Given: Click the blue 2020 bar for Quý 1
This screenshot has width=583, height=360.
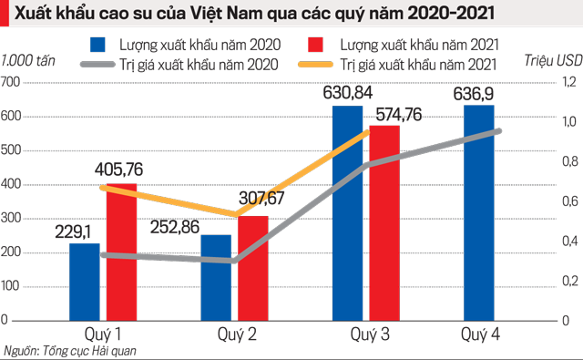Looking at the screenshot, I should click(85, 283).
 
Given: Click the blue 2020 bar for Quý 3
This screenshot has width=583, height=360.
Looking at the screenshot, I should click(347, 219).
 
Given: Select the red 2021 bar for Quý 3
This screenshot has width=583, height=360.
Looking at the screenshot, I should click(384, 228).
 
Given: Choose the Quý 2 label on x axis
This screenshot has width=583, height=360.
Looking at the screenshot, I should click(235, 335).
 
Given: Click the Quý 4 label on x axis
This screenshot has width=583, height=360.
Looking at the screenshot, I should click(480, 335).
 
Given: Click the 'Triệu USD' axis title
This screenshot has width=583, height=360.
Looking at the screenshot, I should click(553, 60).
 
